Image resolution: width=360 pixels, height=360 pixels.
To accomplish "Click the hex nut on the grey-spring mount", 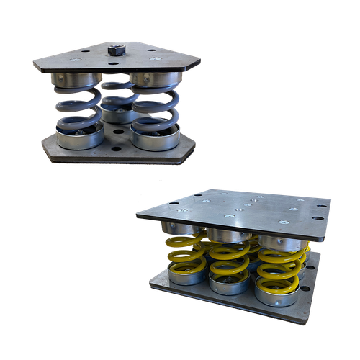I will coord(114,51).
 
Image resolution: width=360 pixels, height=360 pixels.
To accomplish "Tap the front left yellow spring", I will coord(186,258).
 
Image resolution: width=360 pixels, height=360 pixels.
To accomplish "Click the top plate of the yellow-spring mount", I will coord(238,205).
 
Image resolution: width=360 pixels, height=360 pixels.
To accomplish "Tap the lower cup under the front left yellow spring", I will coord(185,276).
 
